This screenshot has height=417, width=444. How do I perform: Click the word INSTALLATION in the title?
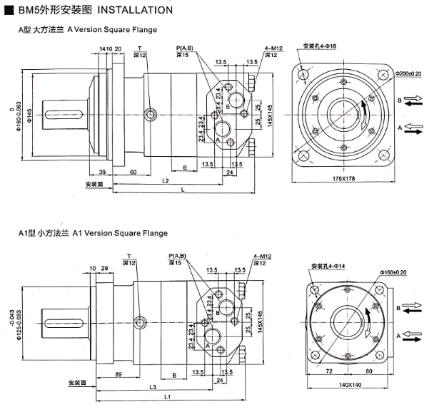point(134,10)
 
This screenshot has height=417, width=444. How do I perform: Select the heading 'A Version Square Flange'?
point(112,30)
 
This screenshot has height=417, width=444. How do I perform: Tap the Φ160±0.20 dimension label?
point(405,272)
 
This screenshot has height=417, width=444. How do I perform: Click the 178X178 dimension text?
point(344,178)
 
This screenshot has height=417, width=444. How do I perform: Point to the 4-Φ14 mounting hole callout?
point(328,266)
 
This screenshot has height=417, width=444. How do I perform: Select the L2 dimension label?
point(165,181)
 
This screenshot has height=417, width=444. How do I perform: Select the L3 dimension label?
point(153,386)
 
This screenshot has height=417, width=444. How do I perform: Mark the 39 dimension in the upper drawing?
point(102,173)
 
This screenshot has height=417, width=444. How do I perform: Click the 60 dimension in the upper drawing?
point(133,173)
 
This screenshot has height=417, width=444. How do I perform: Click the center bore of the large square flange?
point(344,113)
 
